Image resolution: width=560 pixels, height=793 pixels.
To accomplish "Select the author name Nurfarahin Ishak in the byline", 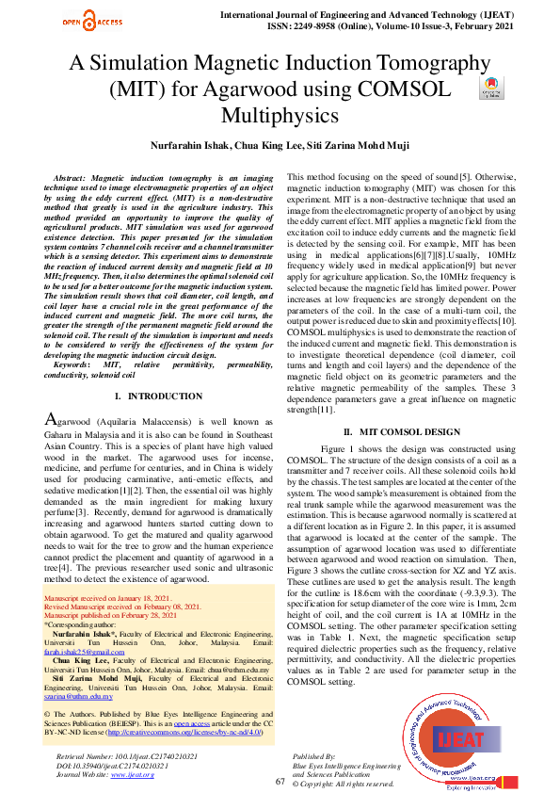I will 191,146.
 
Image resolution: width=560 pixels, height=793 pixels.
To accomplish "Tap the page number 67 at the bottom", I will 280,782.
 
